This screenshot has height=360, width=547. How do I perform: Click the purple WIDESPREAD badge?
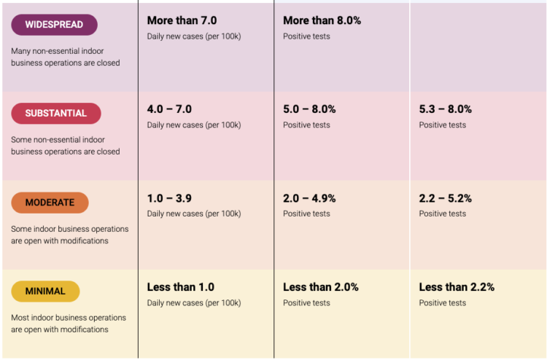click(54, 25)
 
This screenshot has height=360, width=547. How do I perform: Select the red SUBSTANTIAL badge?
click(55, 114)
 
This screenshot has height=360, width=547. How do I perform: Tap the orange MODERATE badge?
click(50, 203)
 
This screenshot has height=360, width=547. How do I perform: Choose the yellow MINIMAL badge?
click(45, 291)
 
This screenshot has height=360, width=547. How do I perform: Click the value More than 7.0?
click(181, 20)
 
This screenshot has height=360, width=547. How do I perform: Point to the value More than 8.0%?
click(322, 20)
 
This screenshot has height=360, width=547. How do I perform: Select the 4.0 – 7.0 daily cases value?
click(169, 109)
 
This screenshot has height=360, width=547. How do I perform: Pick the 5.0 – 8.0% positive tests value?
click(309, 109)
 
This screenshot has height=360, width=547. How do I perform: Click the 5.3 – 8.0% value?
click(445, 109)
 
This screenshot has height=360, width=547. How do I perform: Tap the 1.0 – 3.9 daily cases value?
click(169, 198)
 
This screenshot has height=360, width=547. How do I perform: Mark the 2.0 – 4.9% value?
click(309, 198)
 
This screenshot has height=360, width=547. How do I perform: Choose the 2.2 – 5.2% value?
click(445, 198)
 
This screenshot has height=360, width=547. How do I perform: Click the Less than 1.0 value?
click(180, 287)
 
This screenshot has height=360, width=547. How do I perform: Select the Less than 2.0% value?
click(320, 287)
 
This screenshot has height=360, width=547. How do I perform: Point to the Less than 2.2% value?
click(457, 287)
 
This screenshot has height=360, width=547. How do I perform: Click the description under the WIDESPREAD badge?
click(65, 57)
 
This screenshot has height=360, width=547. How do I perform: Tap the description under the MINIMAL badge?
click(69, 324)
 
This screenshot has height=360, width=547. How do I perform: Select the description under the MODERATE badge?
click(69, 235)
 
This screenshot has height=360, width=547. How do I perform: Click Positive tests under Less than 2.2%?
click(442, 303)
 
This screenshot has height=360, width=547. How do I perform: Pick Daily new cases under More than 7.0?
click(194, 36)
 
